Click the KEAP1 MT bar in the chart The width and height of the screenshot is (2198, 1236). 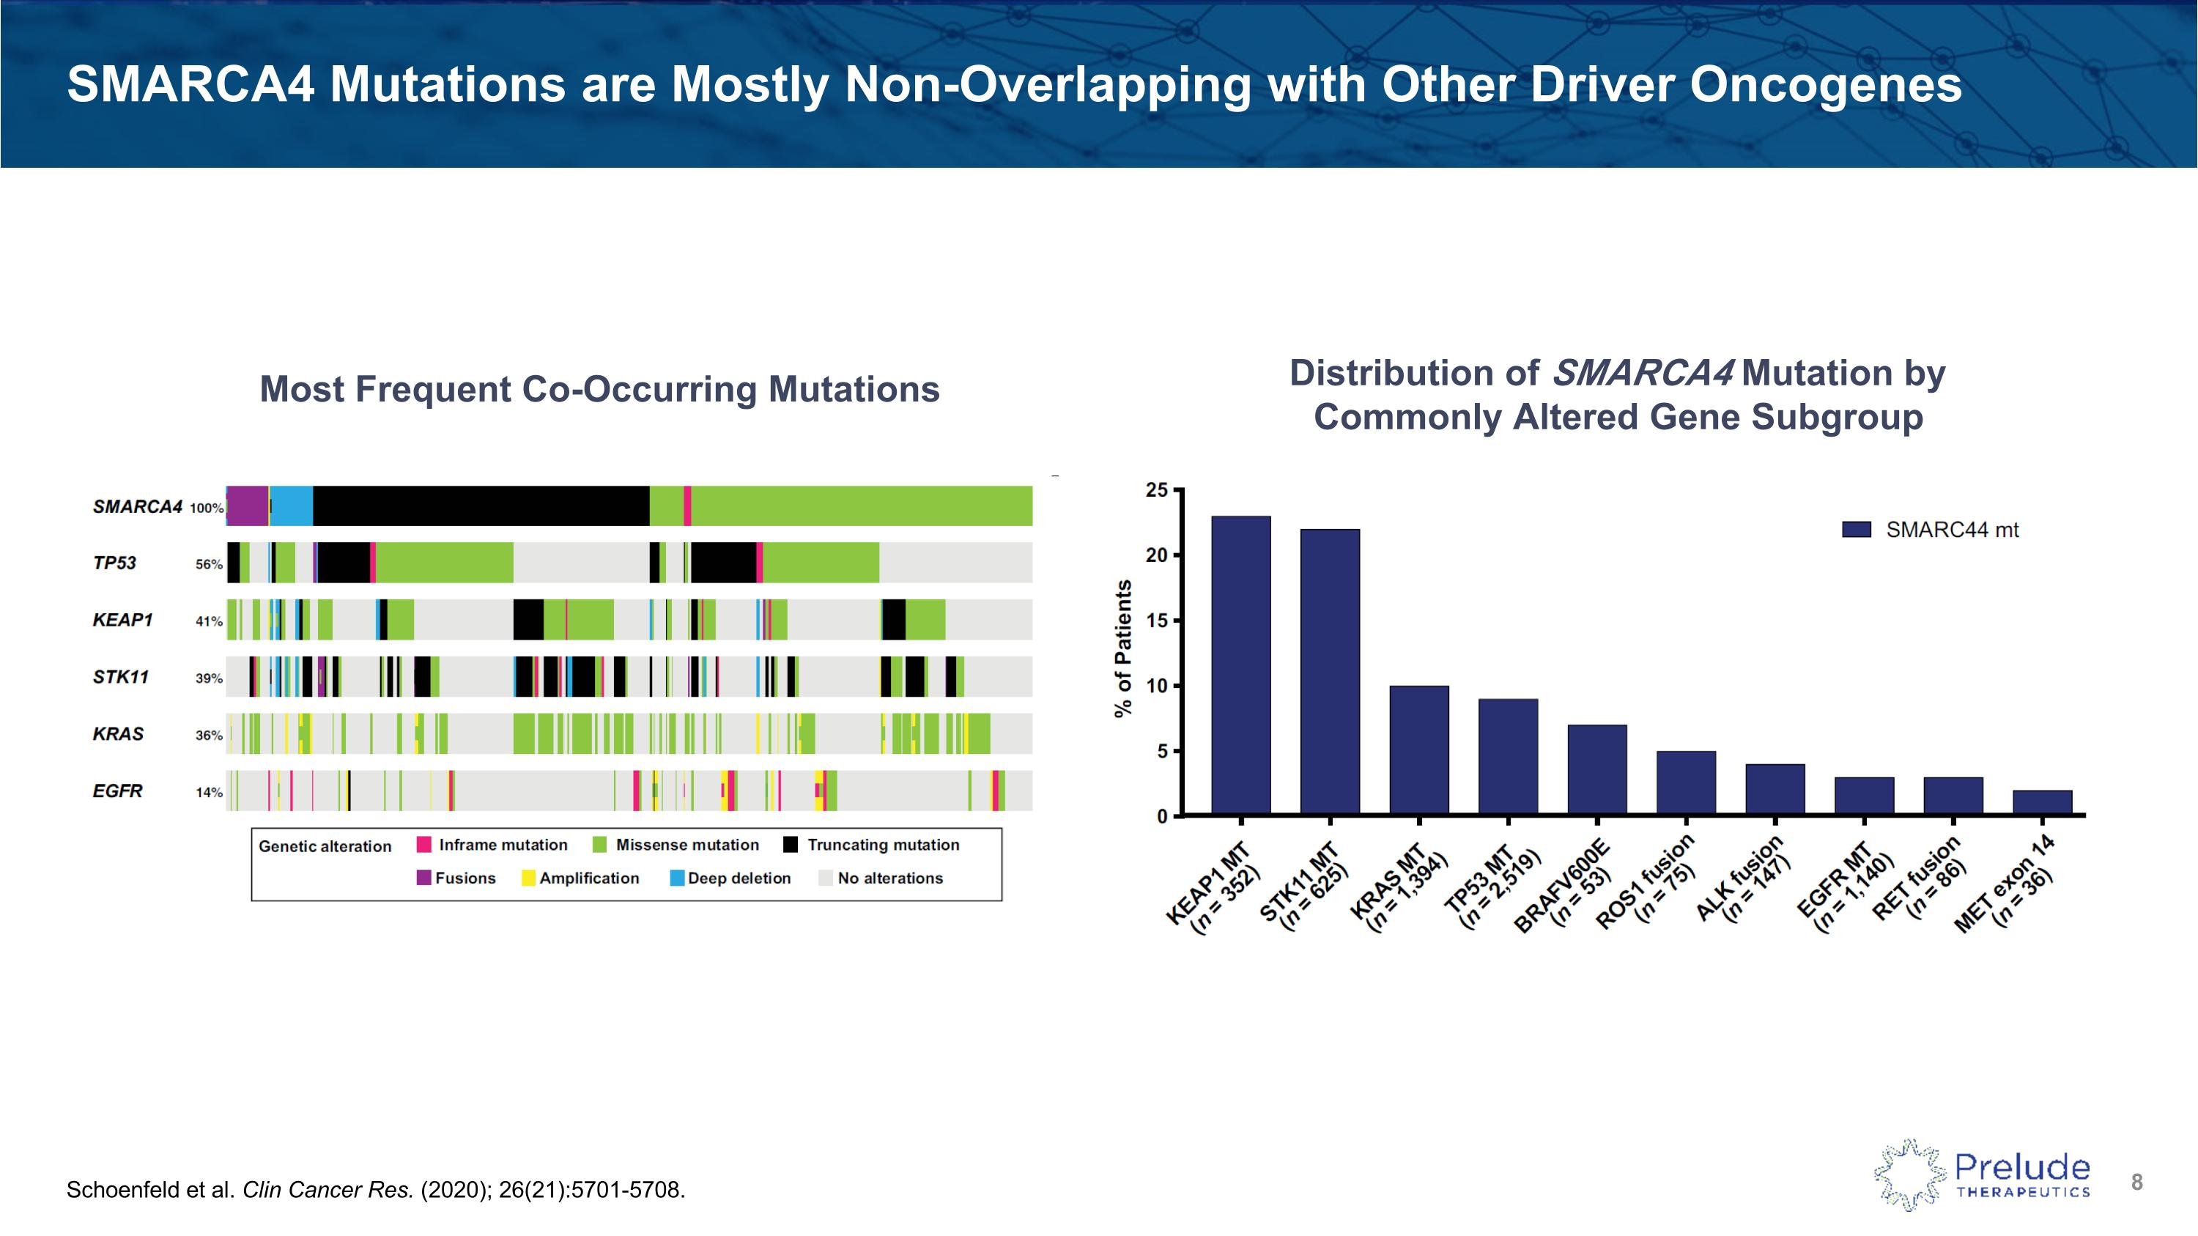click(1240, 665)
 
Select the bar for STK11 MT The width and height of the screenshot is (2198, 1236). click(1329, 672)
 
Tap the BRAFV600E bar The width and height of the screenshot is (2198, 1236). click(1596, 770)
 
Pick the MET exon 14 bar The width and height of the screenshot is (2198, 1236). click(2042, 803)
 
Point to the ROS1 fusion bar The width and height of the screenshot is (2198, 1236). click(1686, 783)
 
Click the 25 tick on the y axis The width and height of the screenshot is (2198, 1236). click(1157, 489)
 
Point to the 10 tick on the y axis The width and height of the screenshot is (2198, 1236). click(1157, 686)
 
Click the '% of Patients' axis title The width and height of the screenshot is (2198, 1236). click(1124, 648)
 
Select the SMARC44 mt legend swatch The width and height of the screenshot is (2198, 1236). click(1857, 530)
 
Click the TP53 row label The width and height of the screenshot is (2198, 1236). click(114, 563)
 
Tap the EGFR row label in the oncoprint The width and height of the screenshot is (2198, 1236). click(117, 791)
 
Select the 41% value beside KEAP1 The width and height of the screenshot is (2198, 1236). click(209, 621)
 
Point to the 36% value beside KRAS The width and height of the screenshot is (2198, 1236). click(209, 736)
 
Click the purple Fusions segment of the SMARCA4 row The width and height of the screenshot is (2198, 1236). click(248, 506)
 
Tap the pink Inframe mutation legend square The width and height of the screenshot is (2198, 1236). click(423, 845)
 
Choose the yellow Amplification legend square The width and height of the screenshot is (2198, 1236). click(528, 878)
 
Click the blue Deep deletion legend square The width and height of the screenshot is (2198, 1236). click(678, 878)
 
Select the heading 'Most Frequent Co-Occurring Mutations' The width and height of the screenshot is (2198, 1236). click(599, 389)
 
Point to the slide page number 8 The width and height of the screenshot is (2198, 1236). click(2136, 1181)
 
